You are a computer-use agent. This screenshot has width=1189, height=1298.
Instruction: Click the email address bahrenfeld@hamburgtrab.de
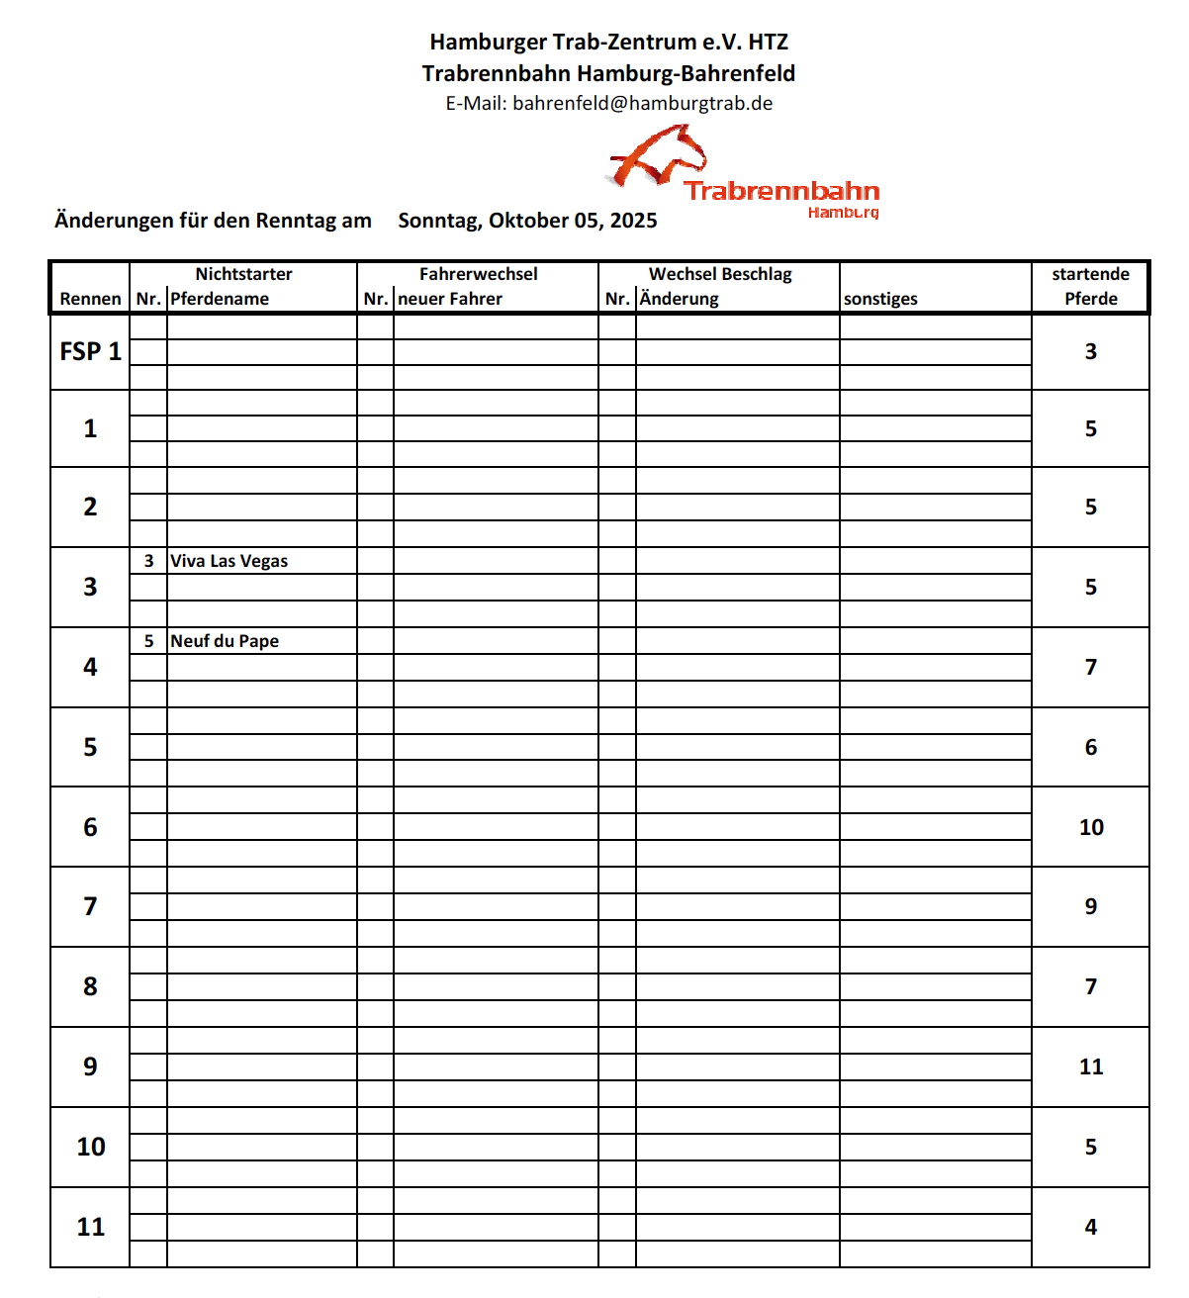click(x=642, y=104)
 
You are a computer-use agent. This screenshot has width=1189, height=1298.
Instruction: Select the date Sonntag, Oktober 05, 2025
click(x=527, y=221)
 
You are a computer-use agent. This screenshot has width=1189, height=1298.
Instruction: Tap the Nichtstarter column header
click(x=243, y=274)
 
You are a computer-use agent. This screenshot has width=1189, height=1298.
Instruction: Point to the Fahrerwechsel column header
click(x=479, y=274)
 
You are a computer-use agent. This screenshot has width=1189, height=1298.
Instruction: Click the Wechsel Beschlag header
click(x=720, y=274)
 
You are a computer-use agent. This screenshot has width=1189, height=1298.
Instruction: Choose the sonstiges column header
click(x=880, y=299)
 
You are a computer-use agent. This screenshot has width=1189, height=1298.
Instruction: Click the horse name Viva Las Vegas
click(x=229, y=561)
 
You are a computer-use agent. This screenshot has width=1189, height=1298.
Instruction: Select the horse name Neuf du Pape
click(x=225, y=641)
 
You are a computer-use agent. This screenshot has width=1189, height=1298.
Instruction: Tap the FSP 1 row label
click(x=90, y=351)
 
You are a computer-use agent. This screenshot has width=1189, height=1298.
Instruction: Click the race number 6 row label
click(x=90, y=827)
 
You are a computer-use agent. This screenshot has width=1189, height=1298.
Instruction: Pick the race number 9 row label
click(x=90, y=1066)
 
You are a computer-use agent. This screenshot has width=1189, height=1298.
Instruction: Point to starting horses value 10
click(x=1091, y=827)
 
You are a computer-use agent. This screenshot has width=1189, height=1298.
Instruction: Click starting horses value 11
click(x=1091, y=1066)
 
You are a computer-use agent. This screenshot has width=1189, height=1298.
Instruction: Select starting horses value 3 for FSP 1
click(x=1091, y=351)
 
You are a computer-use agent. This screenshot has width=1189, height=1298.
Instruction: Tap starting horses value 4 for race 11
click(x=1091, y=1227)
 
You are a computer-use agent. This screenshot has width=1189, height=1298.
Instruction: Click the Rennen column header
click(x=90, y=299)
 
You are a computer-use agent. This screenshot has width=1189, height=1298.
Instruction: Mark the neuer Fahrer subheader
click(x=450, y=299)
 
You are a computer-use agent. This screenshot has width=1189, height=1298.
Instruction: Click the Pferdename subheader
click(x=220, y=299)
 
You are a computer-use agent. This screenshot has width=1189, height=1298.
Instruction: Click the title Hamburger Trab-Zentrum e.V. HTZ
click(x=608, y=42)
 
